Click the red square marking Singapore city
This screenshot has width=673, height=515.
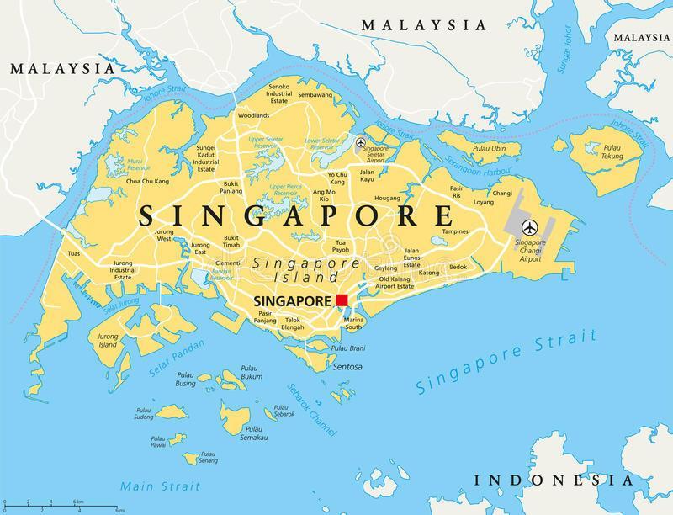coord(342,300)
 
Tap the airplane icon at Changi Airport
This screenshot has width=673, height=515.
coord(530,226)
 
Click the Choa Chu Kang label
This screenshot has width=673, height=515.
coord(148,181)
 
